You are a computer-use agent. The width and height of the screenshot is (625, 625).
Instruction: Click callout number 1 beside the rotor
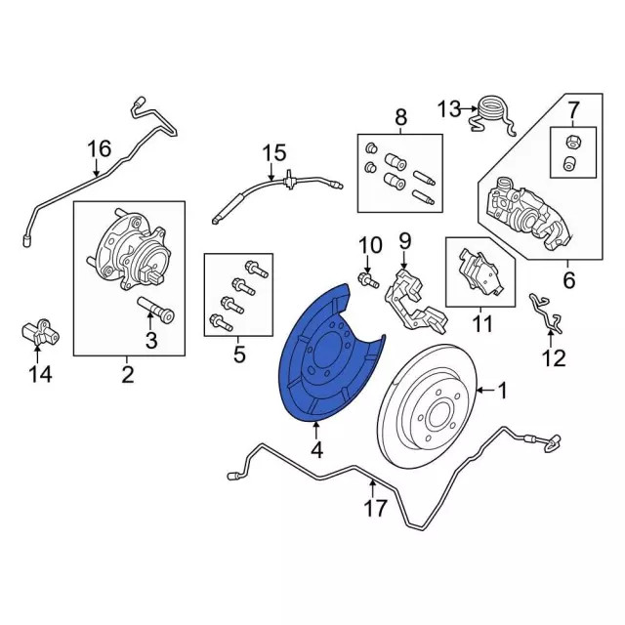pyautogui.click(x=503, y=393)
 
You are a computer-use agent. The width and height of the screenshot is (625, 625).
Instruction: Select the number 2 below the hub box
pyautogui.click(x=128, y=375)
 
